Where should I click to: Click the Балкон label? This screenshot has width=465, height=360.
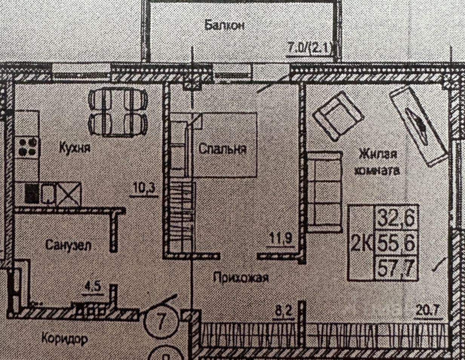click(225, 25)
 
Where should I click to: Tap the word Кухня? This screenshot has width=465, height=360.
click(75, 147)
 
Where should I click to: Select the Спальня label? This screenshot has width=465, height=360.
click(223, 149)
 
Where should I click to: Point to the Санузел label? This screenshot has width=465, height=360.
click(69, 245)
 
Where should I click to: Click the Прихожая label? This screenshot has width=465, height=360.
click(241, 278)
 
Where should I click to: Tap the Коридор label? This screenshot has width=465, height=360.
click(64, 338)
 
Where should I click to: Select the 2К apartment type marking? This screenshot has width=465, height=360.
click(361, 243)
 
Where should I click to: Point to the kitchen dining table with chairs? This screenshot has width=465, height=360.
click(117, 113)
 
